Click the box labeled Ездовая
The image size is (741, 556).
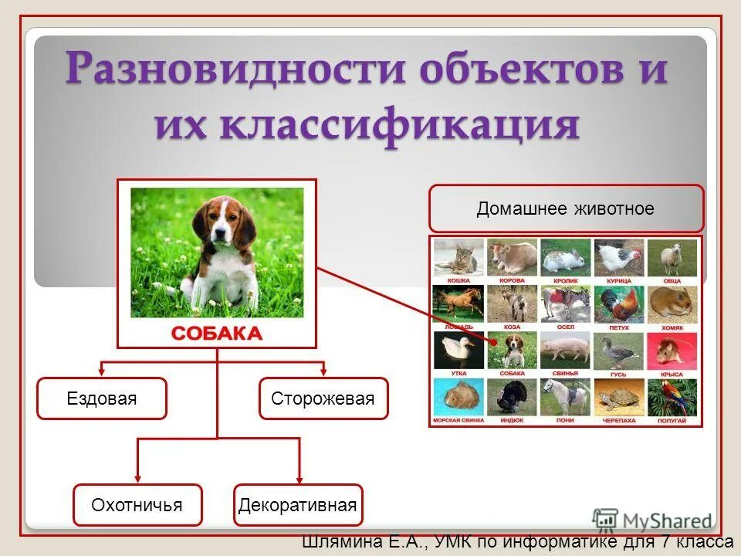pos(101,398)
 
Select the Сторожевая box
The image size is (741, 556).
pos(323,398)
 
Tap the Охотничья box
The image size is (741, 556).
pos(137,505)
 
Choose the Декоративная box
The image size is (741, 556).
pos(297,505)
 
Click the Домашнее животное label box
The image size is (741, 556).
pos(566,208)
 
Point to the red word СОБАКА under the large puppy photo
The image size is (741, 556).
pos(216,334)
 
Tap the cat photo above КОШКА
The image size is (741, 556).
pos(458,256)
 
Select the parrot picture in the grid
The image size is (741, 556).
pos(672,397)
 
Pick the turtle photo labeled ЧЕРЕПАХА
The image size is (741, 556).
pos(618,397)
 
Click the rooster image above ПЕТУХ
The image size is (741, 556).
pos(618,303)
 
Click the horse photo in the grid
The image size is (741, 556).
pos(458,303)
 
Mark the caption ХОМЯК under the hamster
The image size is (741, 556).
pos(672,327)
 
